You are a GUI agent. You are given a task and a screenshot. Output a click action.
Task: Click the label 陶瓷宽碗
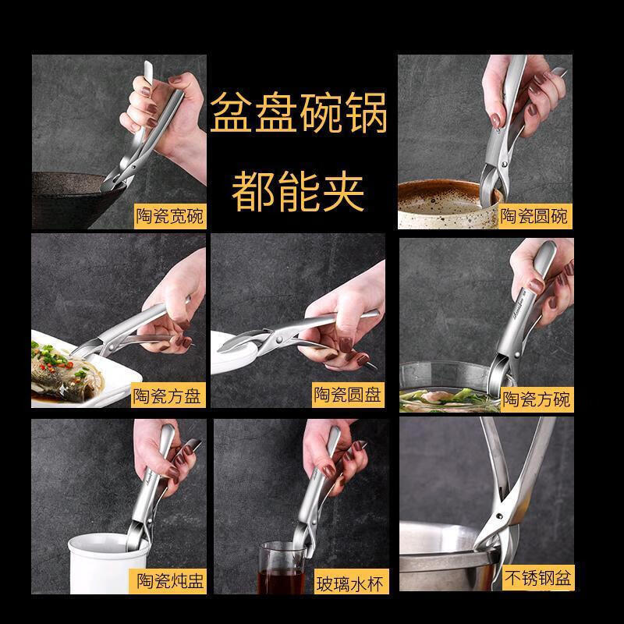coord(170,216)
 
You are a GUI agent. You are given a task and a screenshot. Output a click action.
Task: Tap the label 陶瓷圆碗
coord(535,216)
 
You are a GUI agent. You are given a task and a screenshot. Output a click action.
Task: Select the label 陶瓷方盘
coord(168,395)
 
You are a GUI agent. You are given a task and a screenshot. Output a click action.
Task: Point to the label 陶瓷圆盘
coord(348,395)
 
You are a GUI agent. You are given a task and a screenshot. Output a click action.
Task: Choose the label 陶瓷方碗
coord(537,399)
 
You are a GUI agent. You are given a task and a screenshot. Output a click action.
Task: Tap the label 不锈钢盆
coord(537,578)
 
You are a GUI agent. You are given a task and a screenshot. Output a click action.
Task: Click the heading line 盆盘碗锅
coord(299,112)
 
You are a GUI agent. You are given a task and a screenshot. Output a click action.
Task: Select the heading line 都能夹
coord(298,192)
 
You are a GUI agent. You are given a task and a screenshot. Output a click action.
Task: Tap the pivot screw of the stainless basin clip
coord(498,516)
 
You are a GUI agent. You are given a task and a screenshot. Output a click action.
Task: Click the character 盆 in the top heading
coord(231,112)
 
